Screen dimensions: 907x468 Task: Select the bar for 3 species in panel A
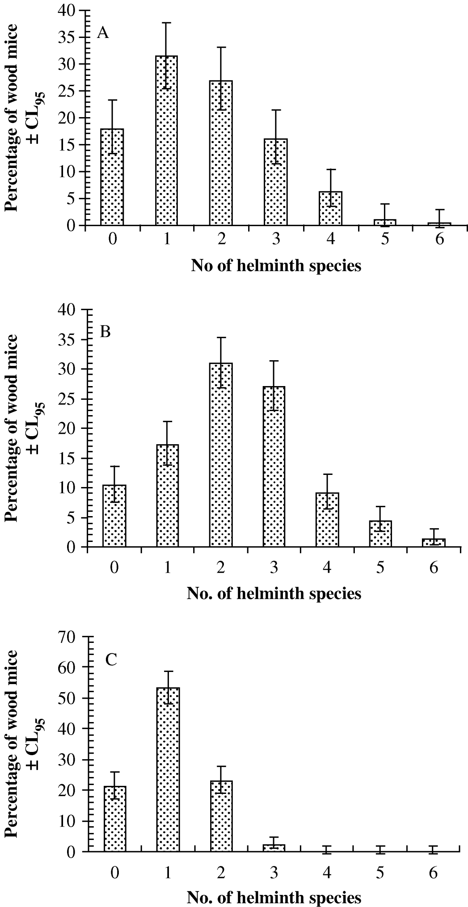point(276,182)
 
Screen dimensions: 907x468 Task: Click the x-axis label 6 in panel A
point(440,239)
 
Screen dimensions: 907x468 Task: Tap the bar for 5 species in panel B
point(380,534)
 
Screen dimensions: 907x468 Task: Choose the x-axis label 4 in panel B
point(327,568)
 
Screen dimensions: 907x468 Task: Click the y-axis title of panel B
point(24,428)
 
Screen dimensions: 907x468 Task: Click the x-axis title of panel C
point(274,898)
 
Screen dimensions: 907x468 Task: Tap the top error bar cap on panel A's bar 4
point(331,170)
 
